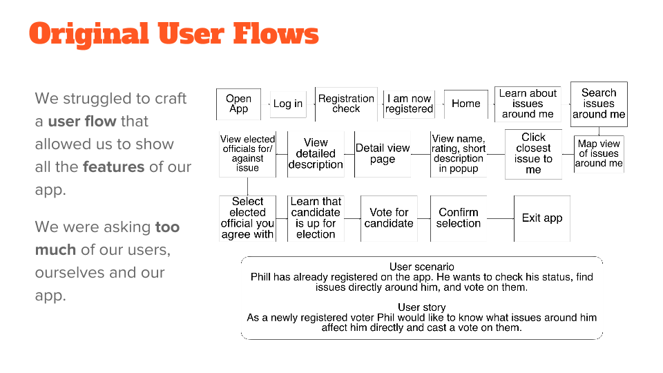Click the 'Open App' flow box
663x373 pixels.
click(238, 104)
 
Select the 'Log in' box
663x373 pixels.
click(288, 104)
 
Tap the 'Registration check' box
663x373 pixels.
click(346, 104)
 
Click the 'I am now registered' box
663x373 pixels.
click(409, 104)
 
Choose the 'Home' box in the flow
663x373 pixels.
click(466, 104)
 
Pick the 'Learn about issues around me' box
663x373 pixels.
click(528, 104)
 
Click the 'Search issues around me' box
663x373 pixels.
click(599, 104)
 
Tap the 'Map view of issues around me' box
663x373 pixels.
click(599, 153)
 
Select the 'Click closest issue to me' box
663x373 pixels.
click(533, 153)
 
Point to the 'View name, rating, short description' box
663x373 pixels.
click(459, 153)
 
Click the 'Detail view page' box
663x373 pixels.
click(383, 153)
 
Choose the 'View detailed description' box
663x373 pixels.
click(316, 153)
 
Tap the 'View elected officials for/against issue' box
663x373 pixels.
click(247, 153)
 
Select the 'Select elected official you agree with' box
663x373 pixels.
click(247, 218)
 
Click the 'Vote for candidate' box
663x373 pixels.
click(389, 218)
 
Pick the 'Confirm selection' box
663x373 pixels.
click(459, 218)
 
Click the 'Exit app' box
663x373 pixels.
click(542, 218)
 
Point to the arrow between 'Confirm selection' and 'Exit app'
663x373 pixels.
click(501, 218)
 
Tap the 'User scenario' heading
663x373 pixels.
click(421, 267)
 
